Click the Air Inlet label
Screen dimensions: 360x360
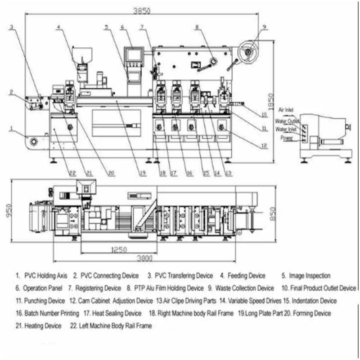click(x=287, y=110)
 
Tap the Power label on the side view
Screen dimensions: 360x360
click(x=286, y=138)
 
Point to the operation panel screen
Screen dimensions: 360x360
click(x=134, y=54)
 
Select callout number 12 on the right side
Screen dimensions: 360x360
click(x=264, y=145)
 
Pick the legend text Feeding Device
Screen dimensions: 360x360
click(x=246, y=275)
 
